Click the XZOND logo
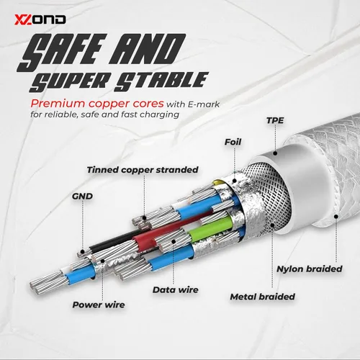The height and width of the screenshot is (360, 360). click(x=40, y=19)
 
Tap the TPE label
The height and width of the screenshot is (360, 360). click(x=275, y=120)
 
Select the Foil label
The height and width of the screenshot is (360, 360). click(x=233, y=142)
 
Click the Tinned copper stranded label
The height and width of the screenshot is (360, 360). click(x=143, y=170)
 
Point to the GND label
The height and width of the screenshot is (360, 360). click(x=82, y=197)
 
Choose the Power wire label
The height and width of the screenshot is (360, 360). click(x=99, y=305)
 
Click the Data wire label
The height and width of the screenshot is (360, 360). click(x=176, y=289)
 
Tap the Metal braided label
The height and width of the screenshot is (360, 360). click(x=263, y=297)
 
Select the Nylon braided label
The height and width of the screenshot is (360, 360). click(x=310, y=269)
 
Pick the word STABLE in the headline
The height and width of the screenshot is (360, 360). click(x=161, y=81)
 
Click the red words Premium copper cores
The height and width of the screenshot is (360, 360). click(x=97, y=104)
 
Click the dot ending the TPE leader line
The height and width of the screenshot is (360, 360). click(x=275, y=153)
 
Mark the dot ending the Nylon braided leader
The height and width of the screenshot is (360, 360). click(x=336, y=217)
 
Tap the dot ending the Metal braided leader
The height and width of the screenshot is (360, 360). click(x=272, y=225)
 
